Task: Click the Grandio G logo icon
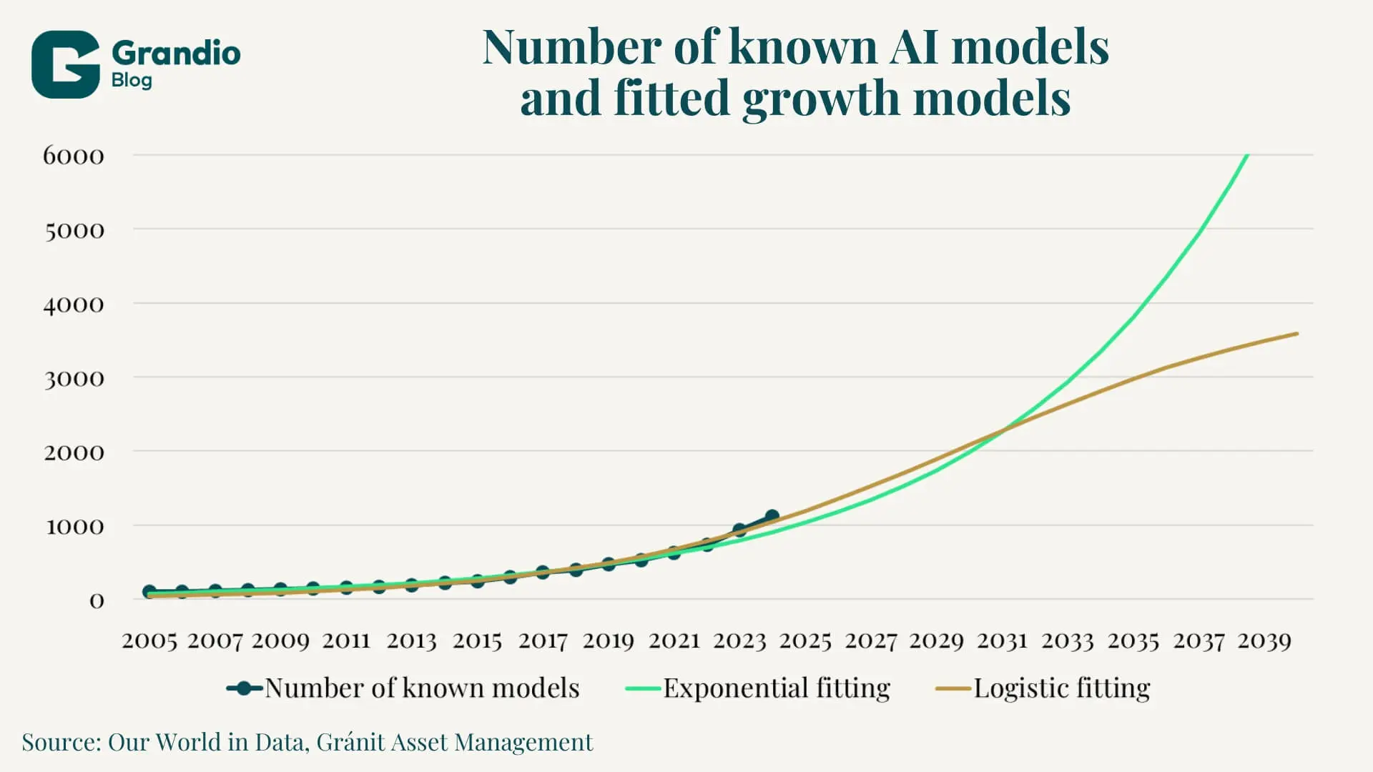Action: [65, 64]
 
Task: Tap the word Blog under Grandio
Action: [132, 80]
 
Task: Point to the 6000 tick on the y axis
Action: [74, 156]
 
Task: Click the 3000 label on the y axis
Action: [74, 378]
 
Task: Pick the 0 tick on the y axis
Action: [97, 600]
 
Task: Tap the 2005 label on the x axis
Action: [149, 640]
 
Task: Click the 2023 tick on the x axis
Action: [739, 640]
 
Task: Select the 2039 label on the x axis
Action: [1264, 640]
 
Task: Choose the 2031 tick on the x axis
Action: [1002, 640]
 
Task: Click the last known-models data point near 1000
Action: [772, 516]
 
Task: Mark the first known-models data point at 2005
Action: [149, 592]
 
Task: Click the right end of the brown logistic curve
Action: [1296, 334]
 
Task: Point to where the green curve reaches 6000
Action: [1247, 155]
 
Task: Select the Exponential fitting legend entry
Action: [777, 688]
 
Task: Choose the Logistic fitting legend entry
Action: [1062, 688]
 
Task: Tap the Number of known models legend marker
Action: [245, 688]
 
